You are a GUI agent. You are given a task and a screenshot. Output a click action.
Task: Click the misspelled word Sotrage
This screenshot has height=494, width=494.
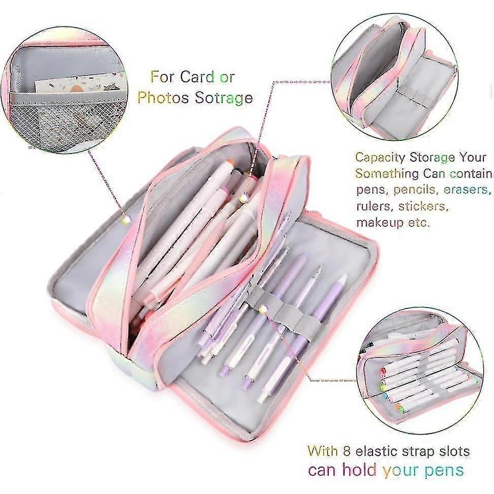pos(224,98)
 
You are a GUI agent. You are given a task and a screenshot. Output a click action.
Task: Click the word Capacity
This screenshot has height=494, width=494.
pos(380,158)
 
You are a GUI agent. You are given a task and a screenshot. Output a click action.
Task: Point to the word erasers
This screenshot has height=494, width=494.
pos(467,190)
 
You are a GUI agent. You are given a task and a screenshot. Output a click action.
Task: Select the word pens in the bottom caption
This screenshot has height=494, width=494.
pos(444,471)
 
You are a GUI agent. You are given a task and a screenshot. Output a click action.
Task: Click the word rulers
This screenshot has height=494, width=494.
pos(375,206)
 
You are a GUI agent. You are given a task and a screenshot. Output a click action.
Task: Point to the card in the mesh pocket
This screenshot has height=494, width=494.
pos(80,82)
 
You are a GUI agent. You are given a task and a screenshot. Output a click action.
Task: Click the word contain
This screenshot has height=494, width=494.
pos(471,174)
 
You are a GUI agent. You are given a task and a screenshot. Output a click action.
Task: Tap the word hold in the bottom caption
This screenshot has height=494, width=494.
pos(359,470)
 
